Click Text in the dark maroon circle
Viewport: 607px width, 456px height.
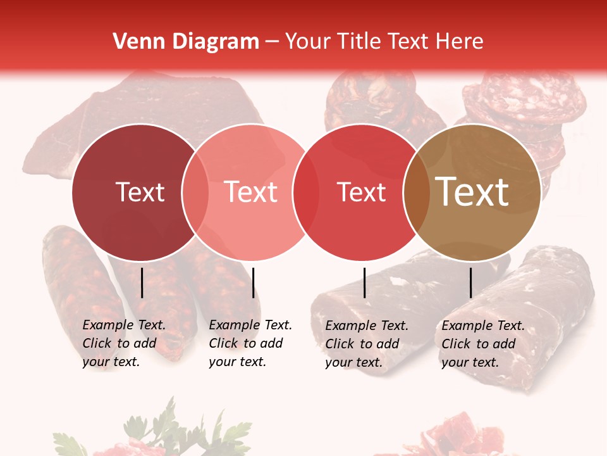140,192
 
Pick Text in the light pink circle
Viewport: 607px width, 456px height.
251,192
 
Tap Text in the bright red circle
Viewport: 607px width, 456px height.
361,192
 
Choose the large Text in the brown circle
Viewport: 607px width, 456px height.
472,192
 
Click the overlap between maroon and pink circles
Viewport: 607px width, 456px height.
195,193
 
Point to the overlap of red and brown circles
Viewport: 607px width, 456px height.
417,193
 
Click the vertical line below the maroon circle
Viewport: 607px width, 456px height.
142,282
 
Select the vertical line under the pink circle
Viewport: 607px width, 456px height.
253,282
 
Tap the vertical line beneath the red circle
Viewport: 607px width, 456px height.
365,282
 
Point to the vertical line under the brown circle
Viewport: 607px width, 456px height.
471,282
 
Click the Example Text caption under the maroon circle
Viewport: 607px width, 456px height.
124,343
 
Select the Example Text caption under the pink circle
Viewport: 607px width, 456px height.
250,343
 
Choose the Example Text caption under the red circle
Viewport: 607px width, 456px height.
367,344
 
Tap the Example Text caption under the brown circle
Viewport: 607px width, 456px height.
483,344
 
